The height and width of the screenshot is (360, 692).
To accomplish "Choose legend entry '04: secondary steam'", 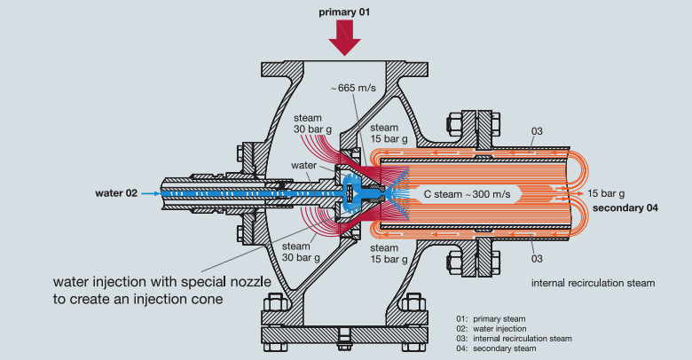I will pos(495,348).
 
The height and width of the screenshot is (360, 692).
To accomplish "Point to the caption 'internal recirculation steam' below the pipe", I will pos(592,283).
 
